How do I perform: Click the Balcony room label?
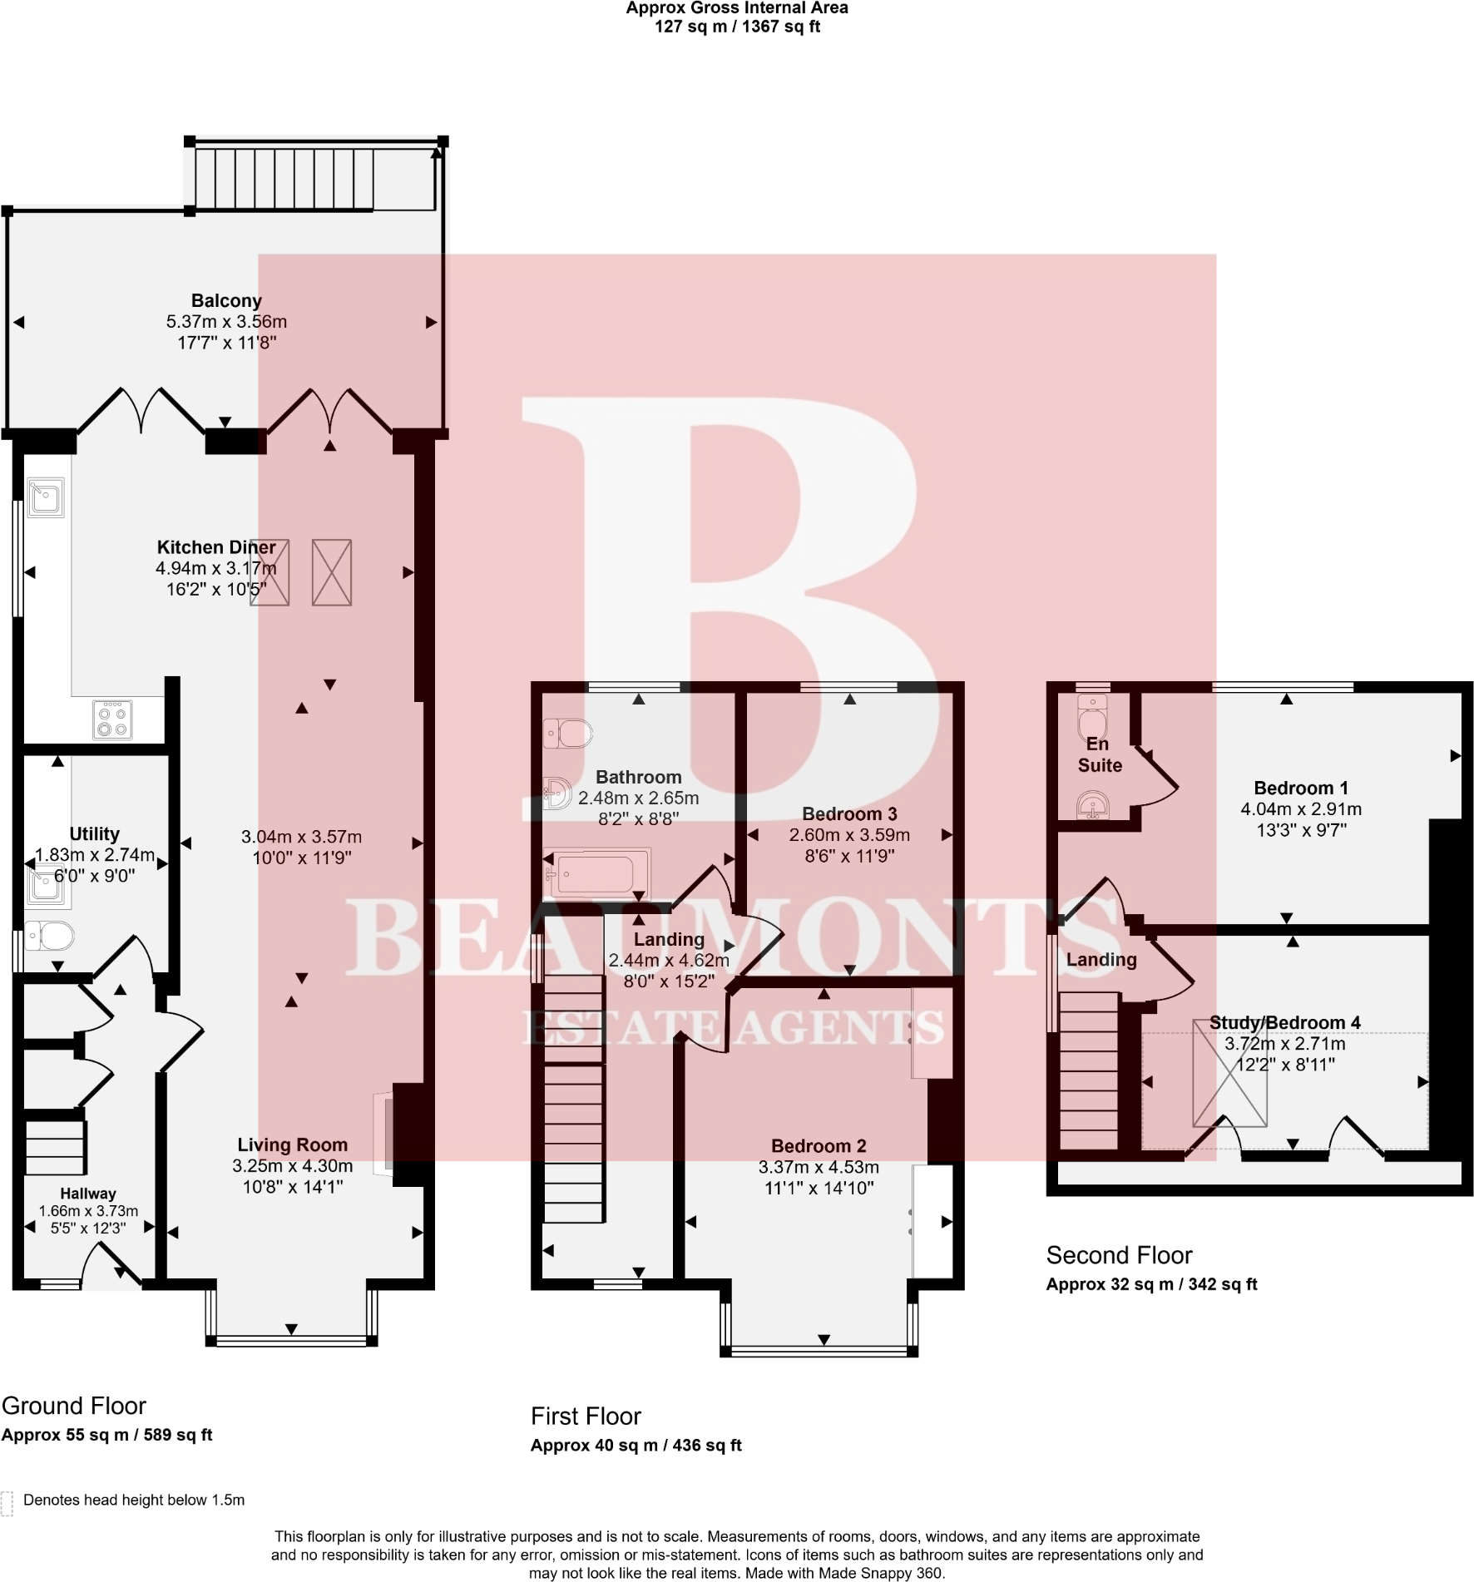coord(226,301)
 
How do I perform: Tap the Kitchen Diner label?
coord(216,547)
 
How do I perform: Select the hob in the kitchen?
coord(112,720)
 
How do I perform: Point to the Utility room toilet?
coord(49,936)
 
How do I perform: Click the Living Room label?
coord(292,1145)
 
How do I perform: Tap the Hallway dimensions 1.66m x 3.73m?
coord(88,1212)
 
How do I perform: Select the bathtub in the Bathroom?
coord(596,874)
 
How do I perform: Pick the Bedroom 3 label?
coord(849,814)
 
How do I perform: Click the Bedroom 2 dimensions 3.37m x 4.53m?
coord(819,1168)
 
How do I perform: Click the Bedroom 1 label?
coord(1301,788)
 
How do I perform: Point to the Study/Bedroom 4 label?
coord(1284,1023)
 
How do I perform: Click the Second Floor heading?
coord(1119,1255)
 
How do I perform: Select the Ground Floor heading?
coord(74,1406)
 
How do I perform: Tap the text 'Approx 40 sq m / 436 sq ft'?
coord(636,1446)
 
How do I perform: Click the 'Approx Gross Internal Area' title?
coord(737,8)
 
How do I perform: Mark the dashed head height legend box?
coord(7,1504)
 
